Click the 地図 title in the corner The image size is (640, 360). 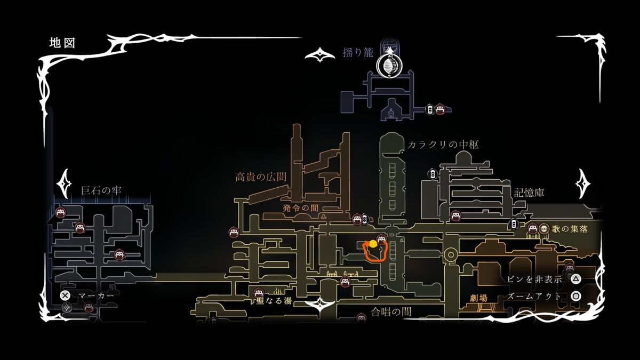click(x=62, y=43)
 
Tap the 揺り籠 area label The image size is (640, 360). click(x=358, y=53)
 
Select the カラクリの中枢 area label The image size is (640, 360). click(x=443, y=145)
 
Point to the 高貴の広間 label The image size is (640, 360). click(x=261, y=177)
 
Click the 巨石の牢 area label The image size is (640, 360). click(x=101, y=190)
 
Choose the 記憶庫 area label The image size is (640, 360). click(x=529, y=193)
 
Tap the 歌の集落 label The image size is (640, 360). click(x=570, y=229)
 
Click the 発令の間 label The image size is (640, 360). click(x=300, y=207)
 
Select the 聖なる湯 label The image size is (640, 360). click(x=274, y=300)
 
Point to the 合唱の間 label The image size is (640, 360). click(x=391, y=311)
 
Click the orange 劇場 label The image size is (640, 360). click(x=478, y=298)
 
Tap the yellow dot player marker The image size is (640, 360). click(x=373, y=244)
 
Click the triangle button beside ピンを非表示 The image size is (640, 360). click(x=575, y=279)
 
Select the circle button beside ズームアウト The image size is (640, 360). click(x=575, y=296)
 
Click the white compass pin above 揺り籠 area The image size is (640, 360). click(x=389, y=66)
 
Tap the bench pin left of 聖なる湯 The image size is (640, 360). click(x=259, y=293)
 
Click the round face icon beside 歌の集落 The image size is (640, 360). click(x=543, y=229)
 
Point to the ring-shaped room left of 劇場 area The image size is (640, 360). click(x=451, y=254)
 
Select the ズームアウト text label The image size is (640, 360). click(x=534, y=296)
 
